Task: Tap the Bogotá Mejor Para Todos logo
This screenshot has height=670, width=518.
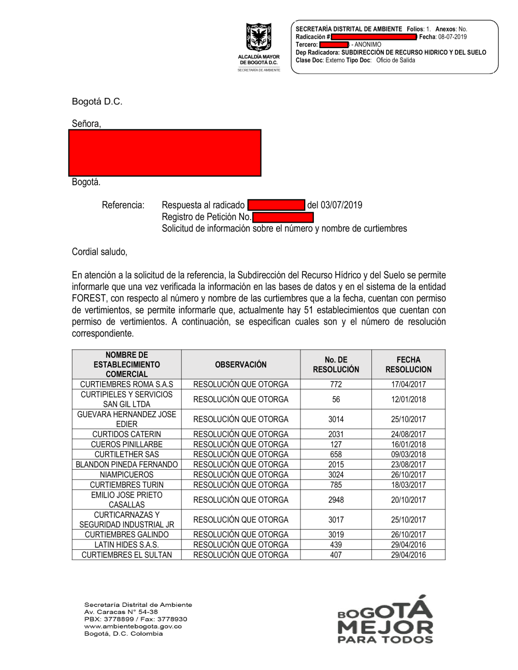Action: (385, 619)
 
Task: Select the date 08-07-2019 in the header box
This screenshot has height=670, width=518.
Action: (452, 37)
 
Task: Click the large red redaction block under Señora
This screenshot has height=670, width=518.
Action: (165, 153)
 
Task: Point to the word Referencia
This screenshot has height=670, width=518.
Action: (123, 205)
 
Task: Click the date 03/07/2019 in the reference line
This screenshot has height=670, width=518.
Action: (341, 205)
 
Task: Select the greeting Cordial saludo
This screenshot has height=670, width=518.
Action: (99, 252)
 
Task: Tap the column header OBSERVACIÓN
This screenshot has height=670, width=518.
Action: (241, 365)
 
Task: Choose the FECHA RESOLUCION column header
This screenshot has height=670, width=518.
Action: (408, 365)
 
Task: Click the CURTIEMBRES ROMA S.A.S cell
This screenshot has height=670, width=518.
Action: (127, 384)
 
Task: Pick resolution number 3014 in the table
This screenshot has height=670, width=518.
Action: (336, 419)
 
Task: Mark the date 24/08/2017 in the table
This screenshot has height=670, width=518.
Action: (408, 434)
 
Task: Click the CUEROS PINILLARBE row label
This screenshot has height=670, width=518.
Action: (127, 444)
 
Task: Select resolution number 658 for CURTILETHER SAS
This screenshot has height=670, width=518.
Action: (336, 455)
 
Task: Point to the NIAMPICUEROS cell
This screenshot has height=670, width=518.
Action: (127, 475)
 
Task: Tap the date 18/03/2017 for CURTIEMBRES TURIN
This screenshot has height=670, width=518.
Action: (408, 485)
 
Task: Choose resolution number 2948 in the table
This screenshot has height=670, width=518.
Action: (336, 500)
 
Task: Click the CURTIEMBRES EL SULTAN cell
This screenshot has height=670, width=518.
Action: (127, 555)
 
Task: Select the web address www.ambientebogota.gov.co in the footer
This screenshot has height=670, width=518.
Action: (133, 626)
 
